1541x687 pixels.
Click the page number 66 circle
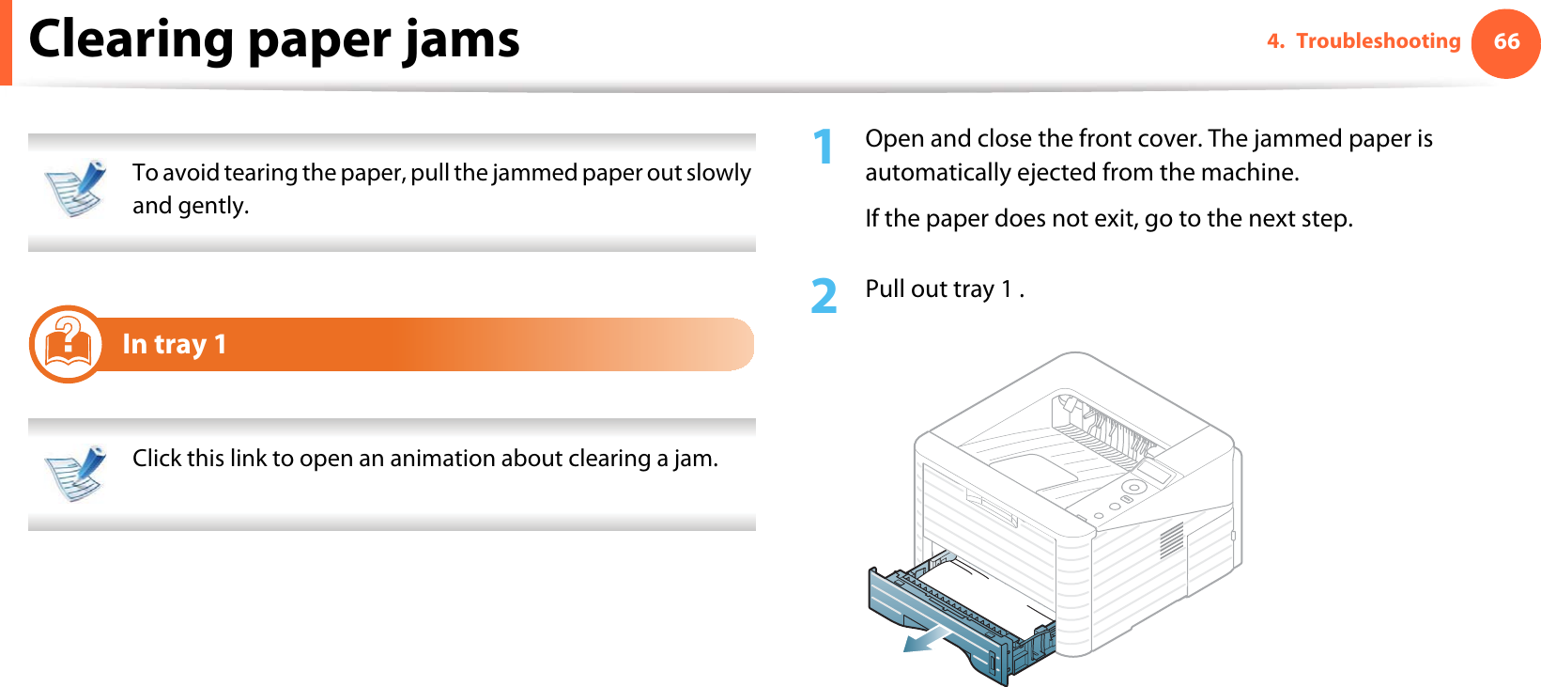pyautogui.click(x=1505, y=42)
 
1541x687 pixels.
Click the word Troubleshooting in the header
pyautogui.click(x=1378, y=41)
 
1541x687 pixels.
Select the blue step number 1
pyautogui.click(x=823, y=148)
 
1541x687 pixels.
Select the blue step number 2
pyautogui.click(x=824, y=296)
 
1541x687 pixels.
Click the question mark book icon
pyautogui.click(x=67, y=344)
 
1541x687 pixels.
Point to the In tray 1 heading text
pyautogui.click(x=174, y=345)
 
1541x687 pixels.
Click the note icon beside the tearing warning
pyautogui.click(x=75, y=188)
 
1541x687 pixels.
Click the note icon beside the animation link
pyautogui.click(x=75, y=473)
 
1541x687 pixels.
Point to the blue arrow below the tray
pyautogui.click(x=926, y=640)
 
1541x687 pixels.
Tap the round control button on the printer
pyautogui.click(x=1133, y=488)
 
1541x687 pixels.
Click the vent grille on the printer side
pyautogui.click(x=1171, y=540)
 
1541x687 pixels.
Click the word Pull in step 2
pyautogui.click(x=885, y=289)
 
